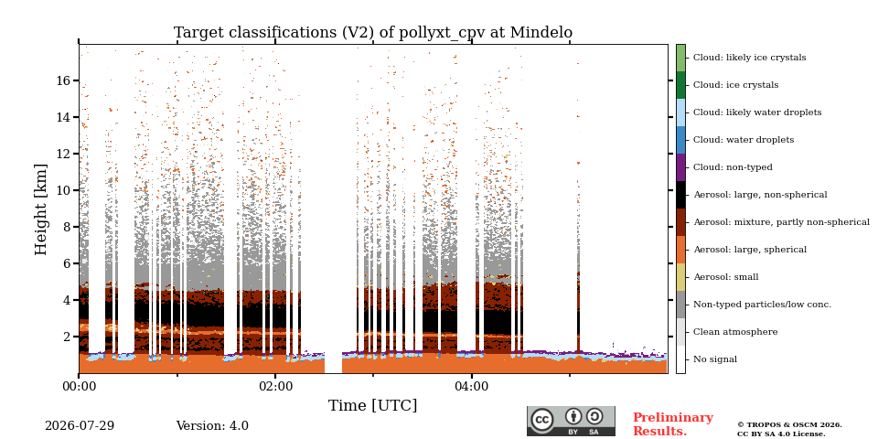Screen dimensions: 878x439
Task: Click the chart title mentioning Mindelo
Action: pos(373,33)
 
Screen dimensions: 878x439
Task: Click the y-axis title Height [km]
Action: pos(41,209)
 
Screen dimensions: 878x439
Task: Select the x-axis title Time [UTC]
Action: pos(372,405)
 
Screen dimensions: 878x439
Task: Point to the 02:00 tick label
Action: pos(275,386)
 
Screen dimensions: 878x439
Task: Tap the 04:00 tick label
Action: pos(472,386)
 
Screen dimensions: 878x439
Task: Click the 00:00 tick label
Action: pos(79,386)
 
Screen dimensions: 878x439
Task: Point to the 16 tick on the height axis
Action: pos(63,80)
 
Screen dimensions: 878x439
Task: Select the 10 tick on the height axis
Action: pos(63,190)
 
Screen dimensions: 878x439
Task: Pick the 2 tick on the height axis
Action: pos(67,337)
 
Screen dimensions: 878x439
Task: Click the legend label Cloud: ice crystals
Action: pos(735,85)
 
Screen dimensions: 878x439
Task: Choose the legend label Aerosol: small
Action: pos(725,277)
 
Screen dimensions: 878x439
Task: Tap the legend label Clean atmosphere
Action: pos(735,332)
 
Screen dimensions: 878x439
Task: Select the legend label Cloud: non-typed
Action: pos(733,167)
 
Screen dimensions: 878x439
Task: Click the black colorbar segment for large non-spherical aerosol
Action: pos(680,195)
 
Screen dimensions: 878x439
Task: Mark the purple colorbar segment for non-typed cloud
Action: pos(680,167)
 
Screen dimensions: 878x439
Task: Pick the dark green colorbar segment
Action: pos(680,85)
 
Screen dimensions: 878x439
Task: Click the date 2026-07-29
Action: pos(80,426)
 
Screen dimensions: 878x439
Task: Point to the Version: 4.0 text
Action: pos(212,426)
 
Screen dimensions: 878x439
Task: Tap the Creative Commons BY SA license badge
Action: pos(571,421)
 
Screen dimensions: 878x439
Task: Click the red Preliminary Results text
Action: pos(673,424)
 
